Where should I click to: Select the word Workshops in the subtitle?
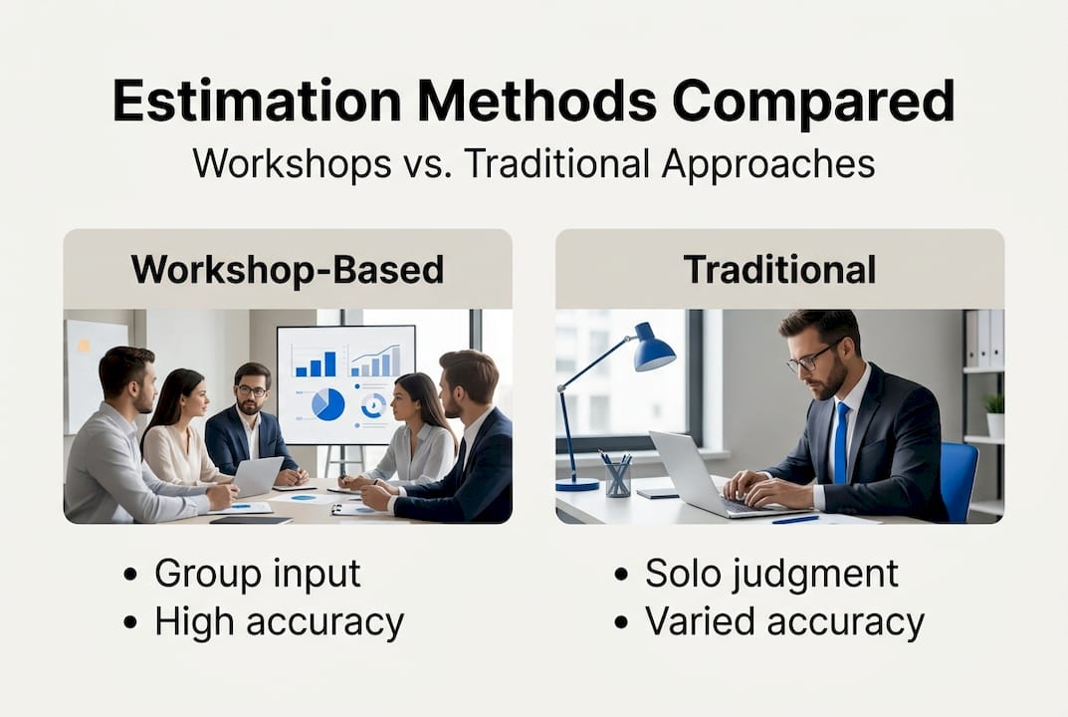point(292,163)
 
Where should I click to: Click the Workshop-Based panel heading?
point(288,269)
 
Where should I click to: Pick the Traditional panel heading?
point(779,269)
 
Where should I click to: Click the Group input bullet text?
point(257,574)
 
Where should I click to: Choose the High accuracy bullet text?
point(279,622)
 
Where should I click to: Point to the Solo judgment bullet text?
point(771,574)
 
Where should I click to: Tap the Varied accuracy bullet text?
point(784,622)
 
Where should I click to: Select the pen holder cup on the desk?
point(617,479)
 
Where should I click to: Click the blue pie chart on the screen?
point(327,404)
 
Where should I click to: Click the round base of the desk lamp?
point(577,484)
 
